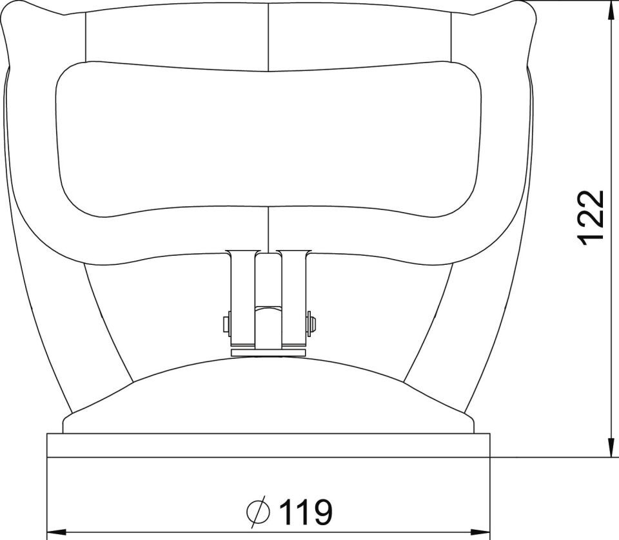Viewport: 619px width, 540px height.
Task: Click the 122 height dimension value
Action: [x=591, y=218]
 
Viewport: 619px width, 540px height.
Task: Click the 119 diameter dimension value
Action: [x=306, y=512]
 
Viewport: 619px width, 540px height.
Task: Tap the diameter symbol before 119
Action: [x=259, y=512]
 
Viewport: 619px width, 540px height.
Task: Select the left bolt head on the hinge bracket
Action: [x=226, y=324]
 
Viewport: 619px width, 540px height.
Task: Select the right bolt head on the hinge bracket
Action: [x=311, y=324]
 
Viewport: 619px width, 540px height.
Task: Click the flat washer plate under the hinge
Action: [x=268, y=352]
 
